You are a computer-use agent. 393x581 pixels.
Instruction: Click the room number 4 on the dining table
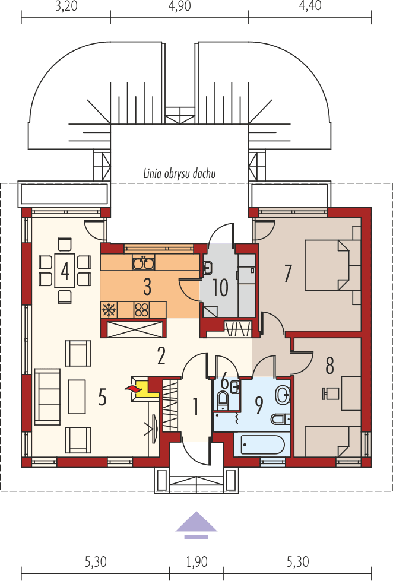pos(65,271)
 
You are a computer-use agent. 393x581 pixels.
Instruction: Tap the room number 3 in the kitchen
pos(147,287)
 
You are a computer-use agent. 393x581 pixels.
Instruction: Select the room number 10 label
pos(220,288)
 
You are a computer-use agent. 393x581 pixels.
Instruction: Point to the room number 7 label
pos(288,273)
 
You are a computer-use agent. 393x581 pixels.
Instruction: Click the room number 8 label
pos(329,366)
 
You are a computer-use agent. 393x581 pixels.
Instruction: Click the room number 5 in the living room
pos(102,397)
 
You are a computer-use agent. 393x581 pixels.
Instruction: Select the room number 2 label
pos(161,355)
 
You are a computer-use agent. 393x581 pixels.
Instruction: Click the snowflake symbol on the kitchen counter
pos(109,309)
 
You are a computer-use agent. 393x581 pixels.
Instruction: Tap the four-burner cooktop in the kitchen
pos(142,309)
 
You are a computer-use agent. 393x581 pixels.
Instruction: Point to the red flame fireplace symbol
pos(134,389)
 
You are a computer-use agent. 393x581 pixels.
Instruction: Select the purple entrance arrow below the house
pos(196,523)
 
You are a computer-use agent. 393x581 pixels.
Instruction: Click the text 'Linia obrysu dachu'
pos(179,174)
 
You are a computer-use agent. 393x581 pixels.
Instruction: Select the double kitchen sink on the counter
pos(144,262)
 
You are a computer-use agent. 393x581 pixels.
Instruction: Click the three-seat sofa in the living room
pos(47,397)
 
